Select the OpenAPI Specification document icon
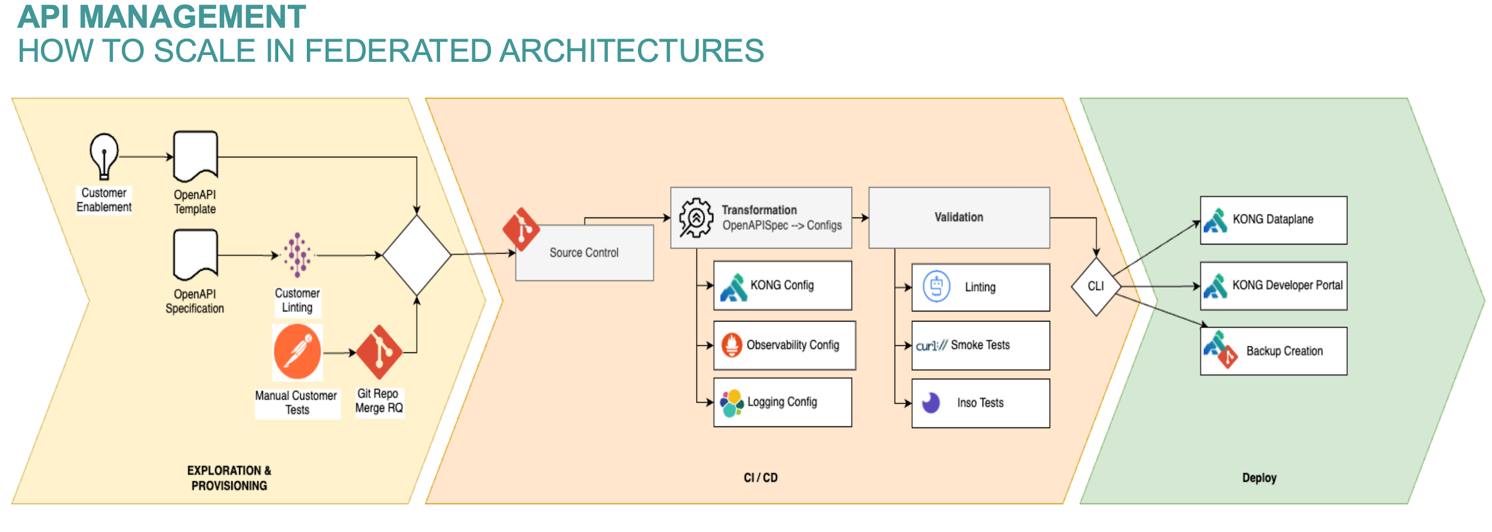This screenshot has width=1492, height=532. [x=195, y=254]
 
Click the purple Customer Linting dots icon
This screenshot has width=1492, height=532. [x=297, y=254]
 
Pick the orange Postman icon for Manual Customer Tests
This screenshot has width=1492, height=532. [x=297, y=352]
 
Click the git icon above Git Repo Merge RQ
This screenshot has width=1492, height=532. [x=379, y=352]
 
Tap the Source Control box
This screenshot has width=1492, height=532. [x=584, y=253]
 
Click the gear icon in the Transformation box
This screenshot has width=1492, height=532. [x=695, y=218]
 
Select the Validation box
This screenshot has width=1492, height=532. [x=958, y=218]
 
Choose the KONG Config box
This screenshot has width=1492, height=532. [x=782, y=285]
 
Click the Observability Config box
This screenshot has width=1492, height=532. [x=784, y=345]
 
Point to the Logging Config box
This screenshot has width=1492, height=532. [x=782, y=402]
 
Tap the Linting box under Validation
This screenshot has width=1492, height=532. [x=980, y=287]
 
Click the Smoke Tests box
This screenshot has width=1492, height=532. [x=980, y=345]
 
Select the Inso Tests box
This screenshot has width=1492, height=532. [x=980, y=402]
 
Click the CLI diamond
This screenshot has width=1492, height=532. [x=1096, y=286]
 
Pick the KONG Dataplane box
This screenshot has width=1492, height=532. [x=1273, y=220]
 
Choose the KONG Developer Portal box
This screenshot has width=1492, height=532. [x=1273, y=285]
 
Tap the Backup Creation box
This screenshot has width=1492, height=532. [x=1273, y=351]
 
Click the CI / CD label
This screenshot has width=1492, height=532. [x=760, y=477]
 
